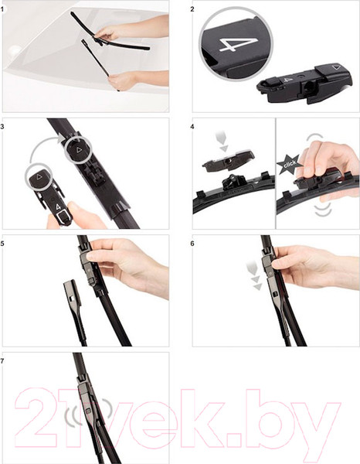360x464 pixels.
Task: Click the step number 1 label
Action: [x=2, y=9]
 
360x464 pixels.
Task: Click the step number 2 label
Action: [x=192, y=9]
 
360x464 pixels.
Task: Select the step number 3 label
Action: [x=2, y=127]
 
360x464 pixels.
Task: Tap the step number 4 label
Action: [x=192, y=127]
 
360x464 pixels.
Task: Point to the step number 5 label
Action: [x=2, y=244]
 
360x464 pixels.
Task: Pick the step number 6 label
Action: [x=192, y=244]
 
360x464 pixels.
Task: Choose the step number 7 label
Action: [x=2, y=361]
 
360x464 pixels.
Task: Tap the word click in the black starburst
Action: [x=289, y=165]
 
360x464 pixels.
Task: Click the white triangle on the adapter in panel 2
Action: [x=335, y=67]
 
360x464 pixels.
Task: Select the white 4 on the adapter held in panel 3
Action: [x=58, y=207]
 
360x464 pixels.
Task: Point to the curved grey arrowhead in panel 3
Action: [x=62, y=138]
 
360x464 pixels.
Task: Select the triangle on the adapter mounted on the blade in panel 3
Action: [x=79, y=150]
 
